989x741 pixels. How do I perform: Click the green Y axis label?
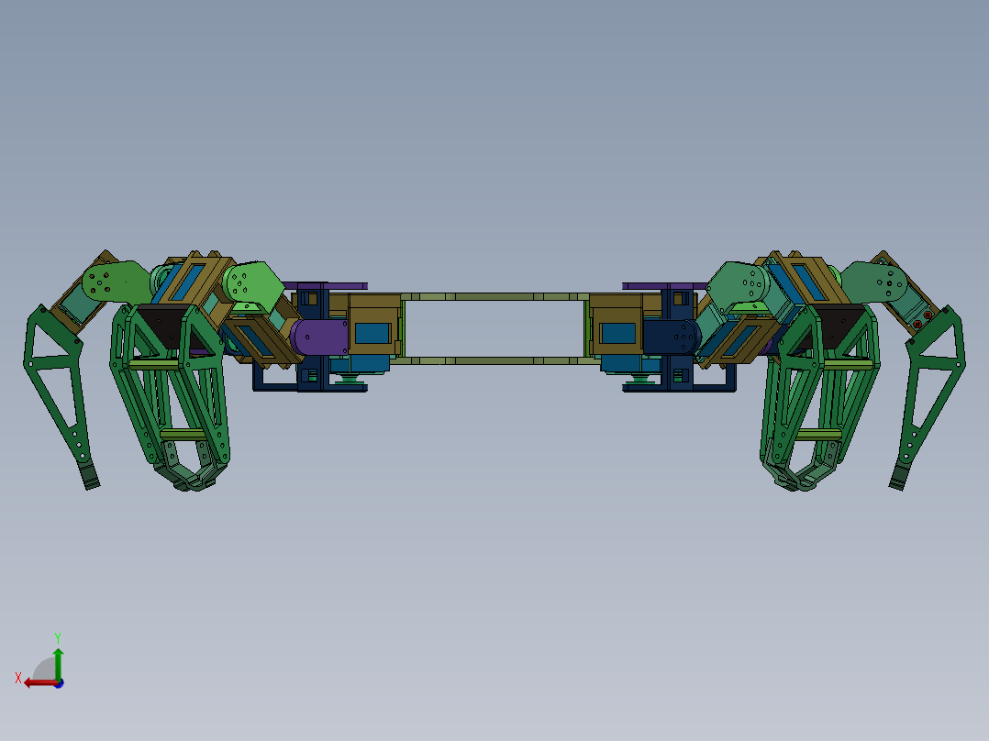click(58, 637)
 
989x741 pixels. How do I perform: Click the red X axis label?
click(18, 678)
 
